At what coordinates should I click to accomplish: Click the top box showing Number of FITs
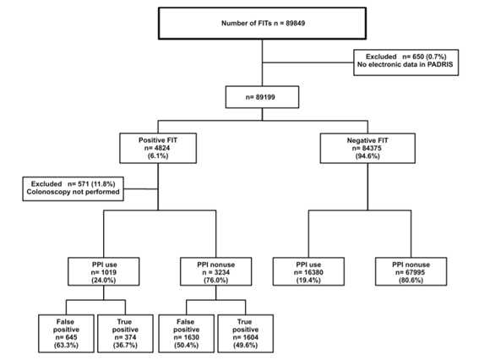[x=262, y=24]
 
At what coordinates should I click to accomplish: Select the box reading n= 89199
[x=262, y=97]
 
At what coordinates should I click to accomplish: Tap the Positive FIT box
[x=158, y=148]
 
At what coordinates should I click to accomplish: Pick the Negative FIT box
[x=367, y=148]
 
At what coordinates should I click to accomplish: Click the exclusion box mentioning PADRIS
[x=406, y=63]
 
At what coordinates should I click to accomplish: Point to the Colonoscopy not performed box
[x=73, y=188]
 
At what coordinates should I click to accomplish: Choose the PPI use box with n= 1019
[x=104, y=271]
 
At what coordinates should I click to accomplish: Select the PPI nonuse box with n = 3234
[x=216, y=271]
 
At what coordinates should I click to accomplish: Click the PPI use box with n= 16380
[x=308, y=271]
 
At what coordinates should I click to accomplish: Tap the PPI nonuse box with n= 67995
[x=411, y=271]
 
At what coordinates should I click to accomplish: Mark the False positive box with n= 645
[x=66, y=334]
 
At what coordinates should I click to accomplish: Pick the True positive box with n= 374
[x=125, y=334]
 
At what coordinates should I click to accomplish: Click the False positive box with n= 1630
[x=187, y=334]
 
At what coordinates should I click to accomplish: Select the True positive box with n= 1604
[x=246, y=334]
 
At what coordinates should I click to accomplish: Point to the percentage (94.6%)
[x=367, y=156]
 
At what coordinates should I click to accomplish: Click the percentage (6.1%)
[x=158, y=155]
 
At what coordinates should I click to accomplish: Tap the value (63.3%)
[x=66, y=346]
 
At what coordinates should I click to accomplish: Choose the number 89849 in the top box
[x=295, y=23]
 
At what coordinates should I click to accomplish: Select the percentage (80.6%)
[x=411, y=281]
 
